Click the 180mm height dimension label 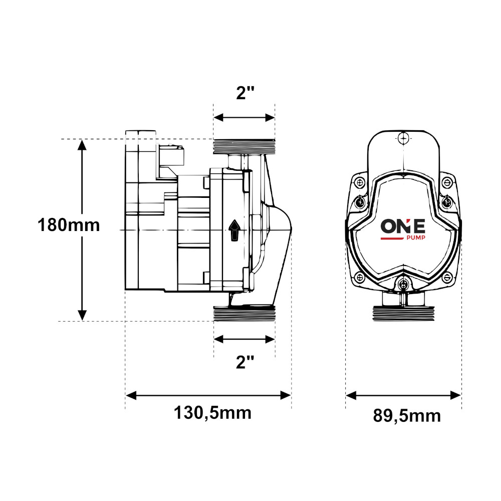pyautogui.click(x=69, y=225)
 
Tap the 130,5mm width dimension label pyautogui.click(x=212, y=413)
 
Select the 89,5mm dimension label pyautogui.click(x=407, y=416)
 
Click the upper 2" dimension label pyautogui.click(x=245, y=93)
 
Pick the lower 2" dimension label pyautogui.click(x=245, y=362)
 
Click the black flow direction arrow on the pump pyautogui.click(x=234, y=230)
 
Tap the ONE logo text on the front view pyautogui.click(x=403, y=226)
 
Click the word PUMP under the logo pyautogui.click(x=415, y=237)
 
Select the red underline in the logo pyautogui.click(x=393, y=238)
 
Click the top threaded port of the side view pyautogui.click(x=244, y=146)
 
